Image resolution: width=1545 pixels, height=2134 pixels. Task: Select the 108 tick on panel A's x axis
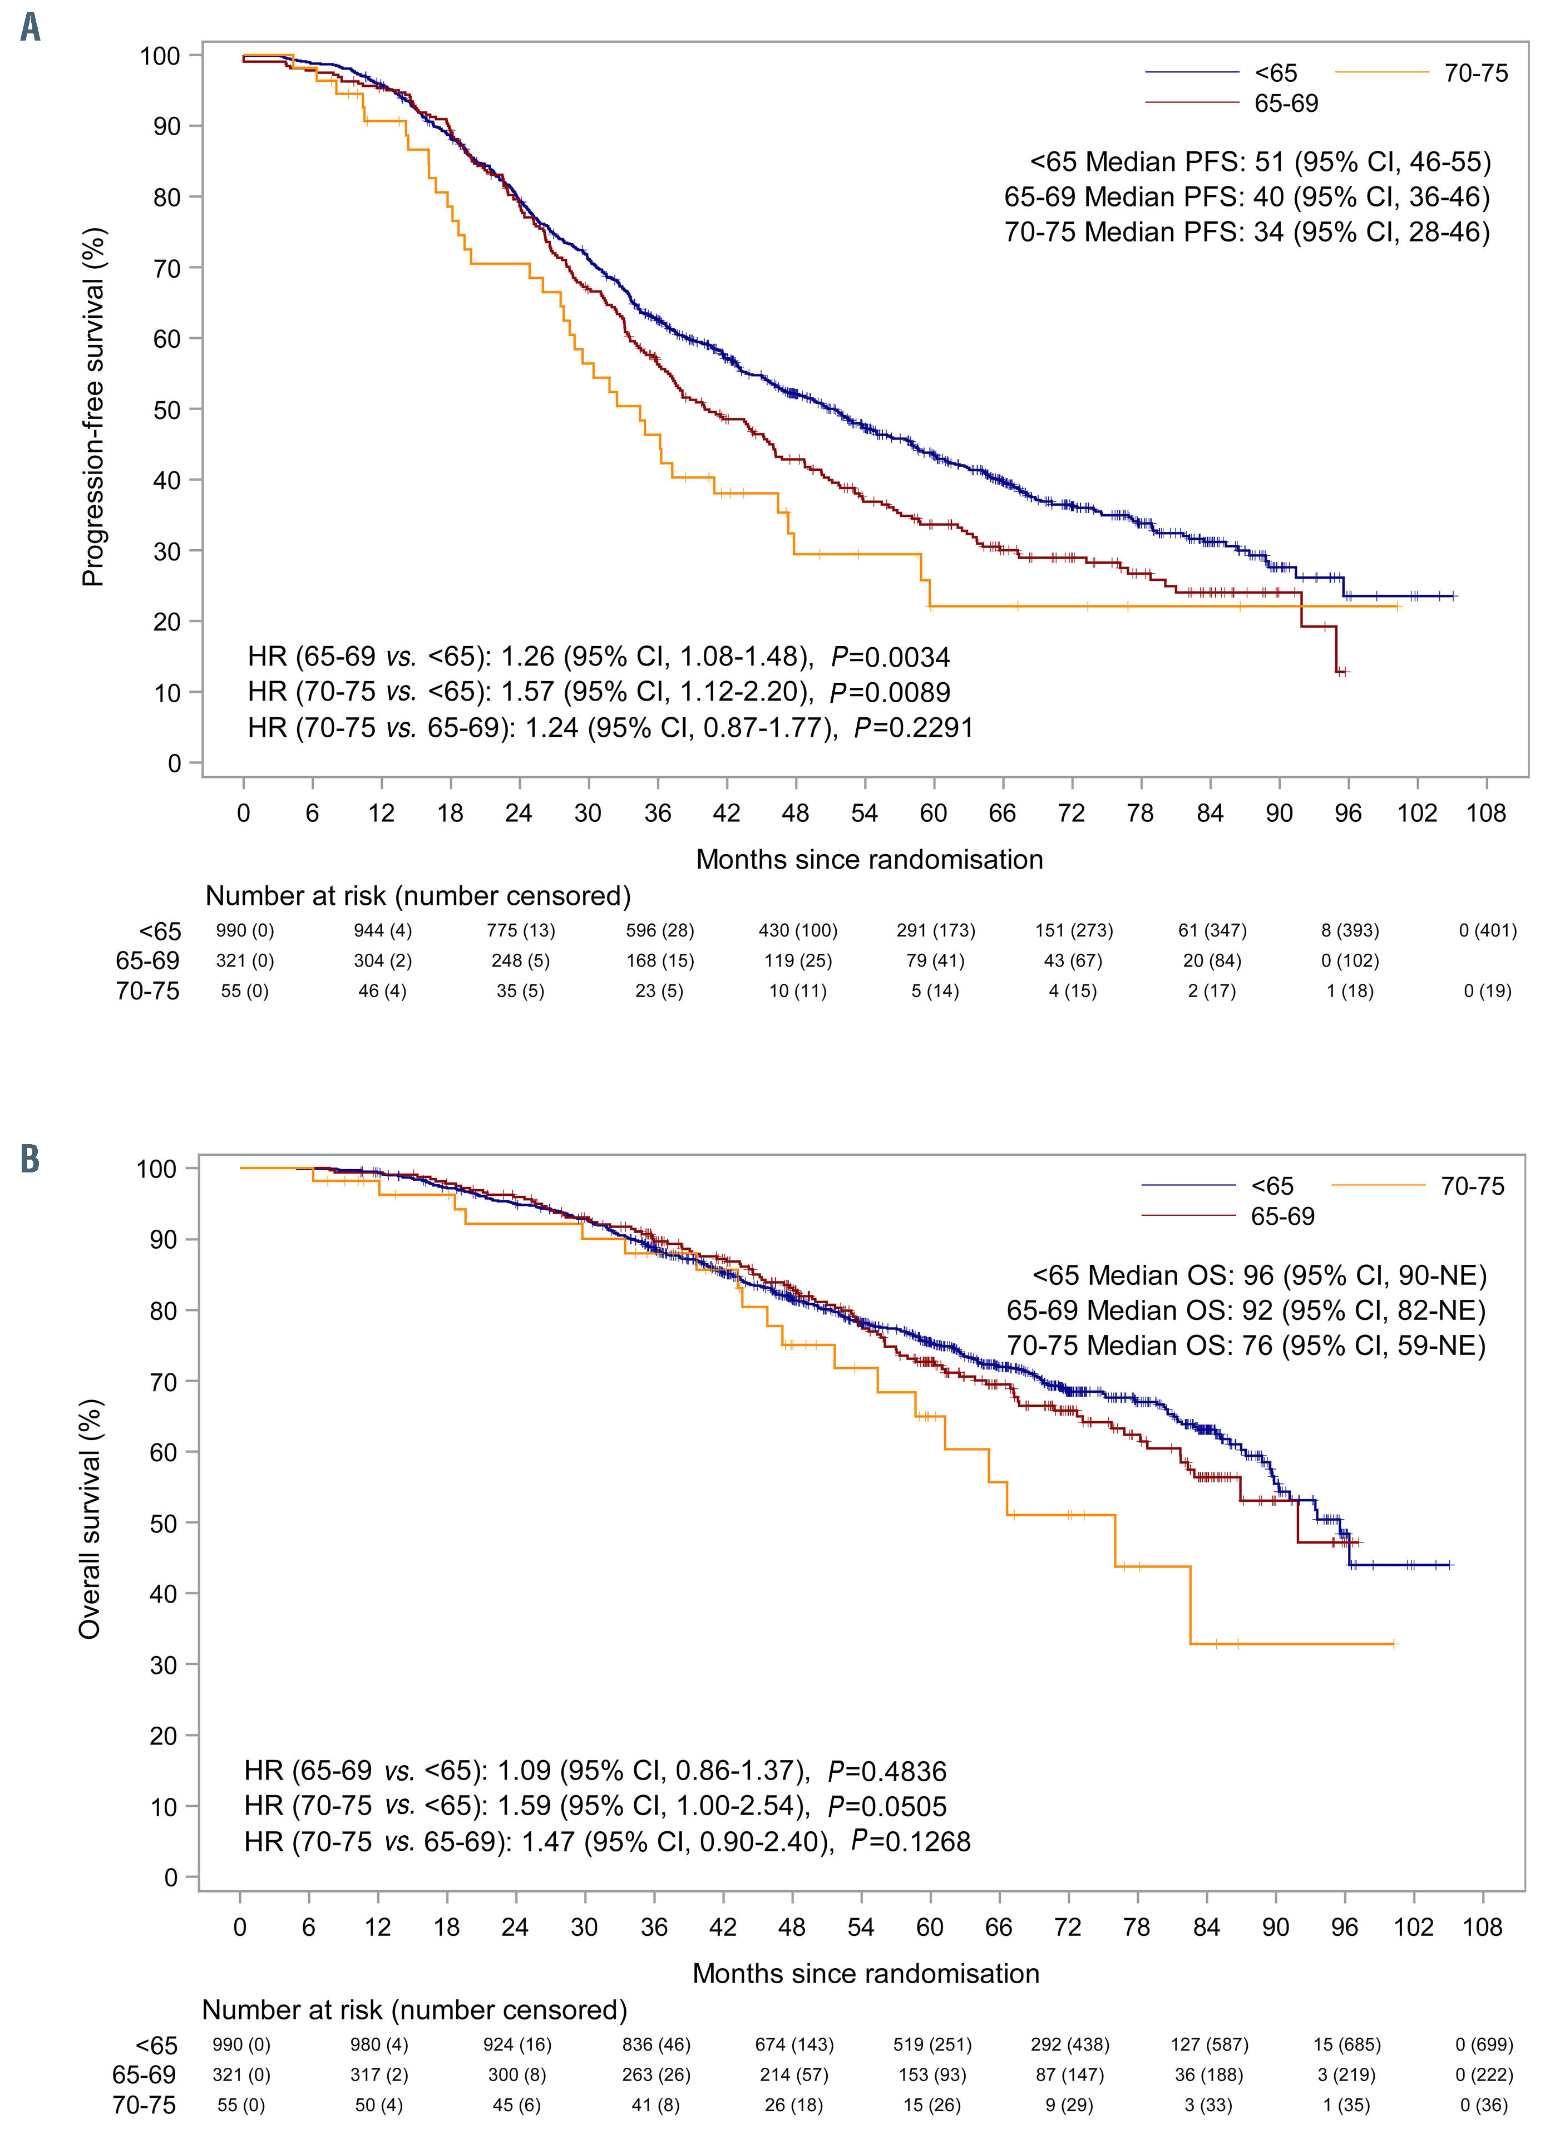1485,813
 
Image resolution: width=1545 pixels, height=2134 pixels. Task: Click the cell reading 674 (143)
793,2044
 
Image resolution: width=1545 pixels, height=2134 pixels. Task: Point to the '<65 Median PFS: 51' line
1260,162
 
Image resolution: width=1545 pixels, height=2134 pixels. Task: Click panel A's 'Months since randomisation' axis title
870,859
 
